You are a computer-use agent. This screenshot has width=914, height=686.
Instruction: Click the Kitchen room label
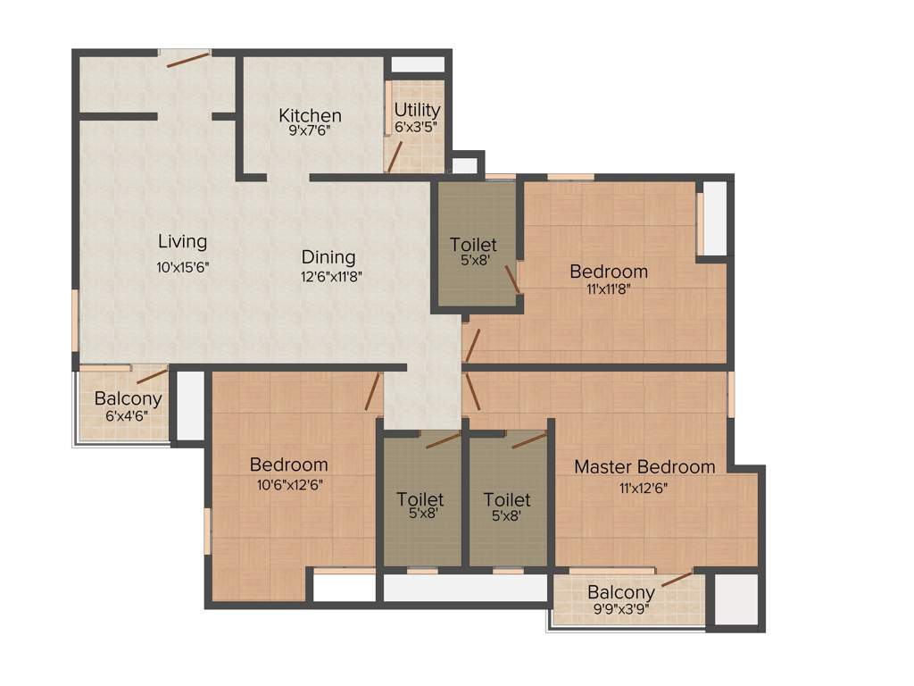(310, 115)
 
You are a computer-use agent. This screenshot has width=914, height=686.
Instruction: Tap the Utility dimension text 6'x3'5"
(416, 127)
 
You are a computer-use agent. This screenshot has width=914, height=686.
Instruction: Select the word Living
(182, 241)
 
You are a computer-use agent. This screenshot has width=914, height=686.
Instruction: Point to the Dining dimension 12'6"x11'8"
(331, 276)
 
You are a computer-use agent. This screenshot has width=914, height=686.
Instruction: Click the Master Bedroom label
(644, 467)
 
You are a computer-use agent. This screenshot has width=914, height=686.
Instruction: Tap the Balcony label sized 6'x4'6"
(128, 399)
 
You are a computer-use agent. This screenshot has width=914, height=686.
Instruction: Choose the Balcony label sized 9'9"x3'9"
(621, 592)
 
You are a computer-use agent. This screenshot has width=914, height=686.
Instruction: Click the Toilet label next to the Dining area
(473, 245)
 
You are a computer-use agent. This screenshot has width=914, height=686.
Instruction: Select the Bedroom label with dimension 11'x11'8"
(609, 272)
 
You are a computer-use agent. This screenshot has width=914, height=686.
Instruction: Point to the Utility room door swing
(394, 157)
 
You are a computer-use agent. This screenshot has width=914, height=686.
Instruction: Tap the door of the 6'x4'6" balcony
(152, 375)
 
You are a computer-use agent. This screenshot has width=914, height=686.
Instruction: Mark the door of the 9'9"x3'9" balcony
(677, 579)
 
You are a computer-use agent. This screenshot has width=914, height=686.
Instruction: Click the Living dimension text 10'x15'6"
(182, 265)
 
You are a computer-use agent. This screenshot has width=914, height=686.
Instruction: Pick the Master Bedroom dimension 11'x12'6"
(644, 488)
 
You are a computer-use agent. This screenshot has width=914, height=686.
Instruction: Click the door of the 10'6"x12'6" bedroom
(373, 391)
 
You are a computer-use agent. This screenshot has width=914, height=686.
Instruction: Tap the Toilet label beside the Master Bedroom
(507, 500)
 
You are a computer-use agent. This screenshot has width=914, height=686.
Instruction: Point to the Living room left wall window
(75, 320)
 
